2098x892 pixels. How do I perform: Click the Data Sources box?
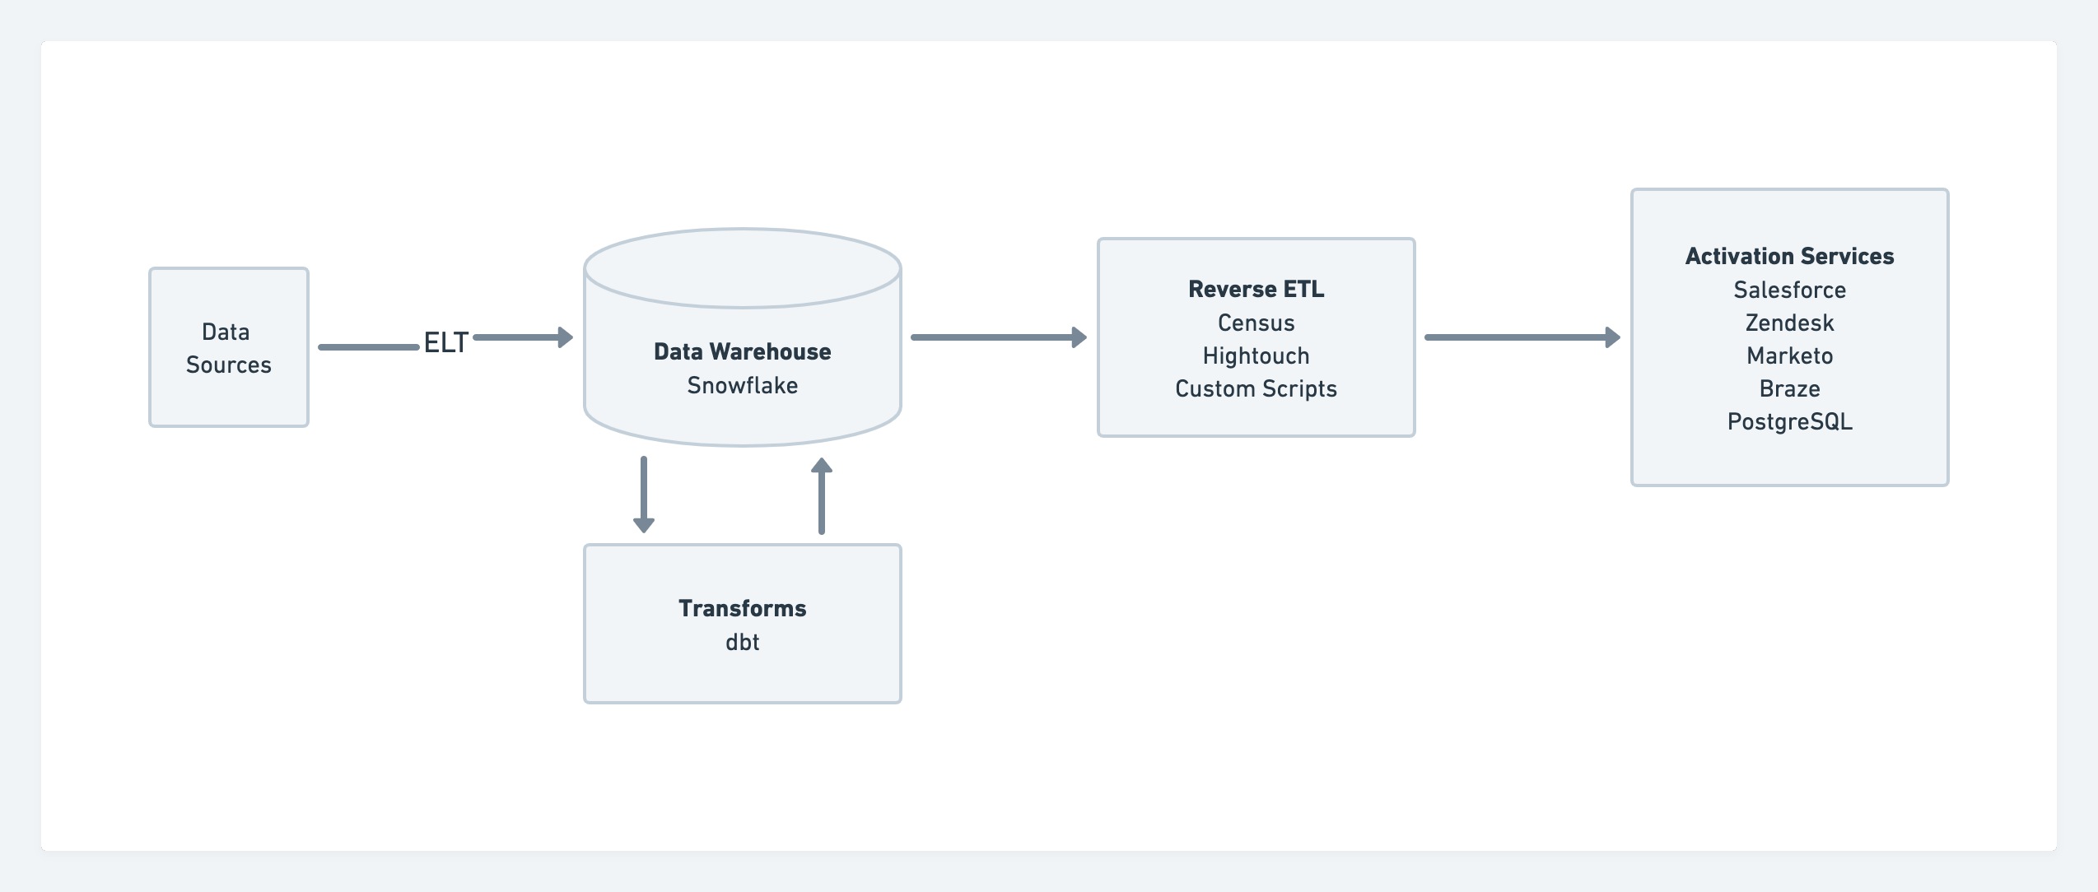point(228,347)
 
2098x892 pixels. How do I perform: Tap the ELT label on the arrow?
point(445,342)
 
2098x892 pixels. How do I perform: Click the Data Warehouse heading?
point(742,351)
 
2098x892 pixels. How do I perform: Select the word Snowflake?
point(742,385)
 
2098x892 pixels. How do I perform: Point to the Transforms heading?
point(742,608)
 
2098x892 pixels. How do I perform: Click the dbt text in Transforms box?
point(742,642)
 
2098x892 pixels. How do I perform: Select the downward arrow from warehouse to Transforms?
point(644,494)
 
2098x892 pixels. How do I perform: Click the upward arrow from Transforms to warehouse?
point(821,496)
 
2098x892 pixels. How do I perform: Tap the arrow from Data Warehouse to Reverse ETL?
point(997,337)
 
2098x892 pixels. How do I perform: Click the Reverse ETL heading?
point(1256,289)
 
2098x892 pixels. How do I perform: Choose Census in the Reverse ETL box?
point(1256,323)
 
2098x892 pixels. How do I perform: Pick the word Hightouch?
point(1256,355)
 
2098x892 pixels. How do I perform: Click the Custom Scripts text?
point(1256,388)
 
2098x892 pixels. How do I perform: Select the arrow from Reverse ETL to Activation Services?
point(1521,337)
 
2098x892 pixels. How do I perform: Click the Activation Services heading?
point(1789,256)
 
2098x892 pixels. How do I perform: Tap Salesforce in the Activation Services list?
point(1789,290)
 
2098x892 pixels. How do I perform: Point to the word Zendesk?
point(1789,323)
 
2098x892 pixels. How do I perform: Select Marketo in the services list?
point(1789,355)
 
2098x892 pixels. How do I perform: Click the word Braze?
point(1789,388)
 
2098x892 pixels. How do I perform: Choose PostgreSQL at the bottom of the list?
point(1789,421)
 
